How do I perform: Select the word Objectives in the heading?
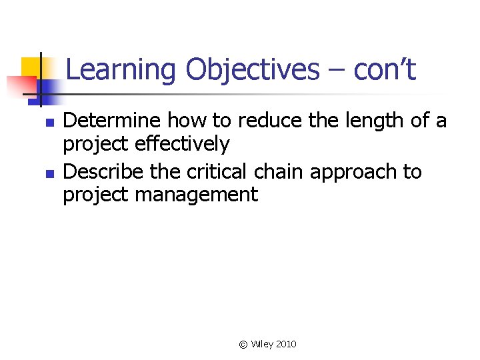[x=253, y=70]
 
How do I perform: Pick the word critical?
[x=217, y=171]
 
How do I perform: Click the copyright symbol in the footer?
[x=243, y=344]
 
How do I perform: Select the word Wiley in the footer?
[x=262, y=344]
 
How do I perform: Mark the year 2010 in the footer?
[x=286, y=344]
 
